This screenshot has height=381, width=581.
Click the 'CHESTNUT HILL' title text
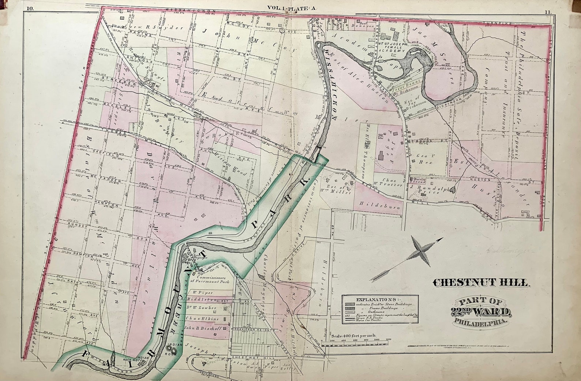481,283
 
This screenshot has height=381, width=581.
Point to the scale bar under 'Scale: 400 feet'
359,341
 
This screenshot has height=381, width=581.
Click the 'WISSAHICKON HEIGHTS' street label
252,330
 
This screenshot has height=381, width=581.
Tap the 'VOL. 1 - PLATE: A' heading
292,7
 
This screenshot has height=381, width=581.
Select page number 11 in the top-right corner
547,12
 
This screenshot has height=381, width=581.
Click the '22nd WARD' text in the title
481,312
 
